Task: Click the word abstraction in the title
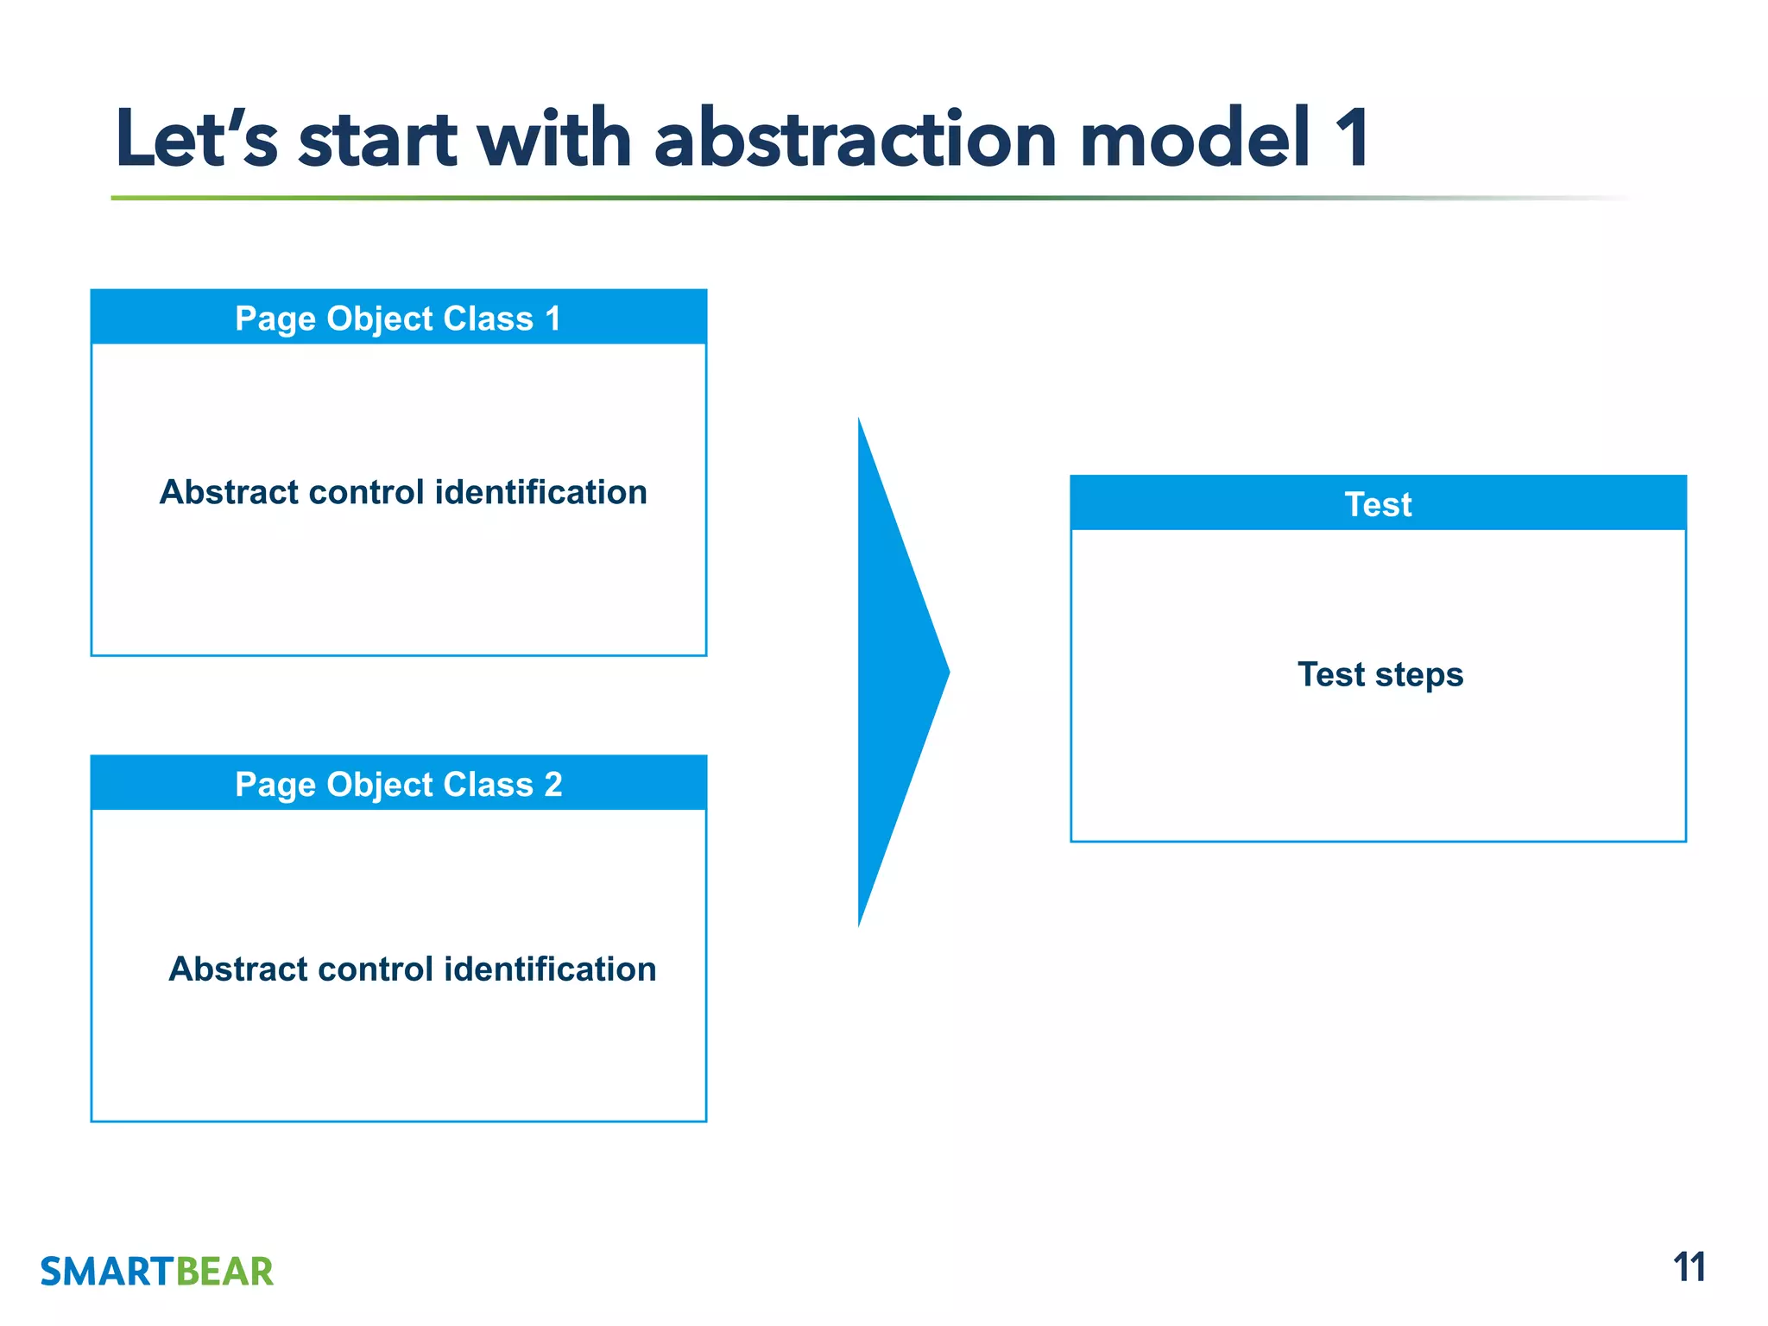[855, 140]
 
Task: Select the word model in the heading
[1196, 140]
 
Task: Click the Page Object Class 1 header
[398, 319]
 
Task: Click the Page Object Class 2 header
[398, 785]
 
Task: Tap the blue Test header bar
[1378, 504]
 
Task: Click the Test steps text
[1380, 674]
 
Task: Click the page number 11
[1689, 1268]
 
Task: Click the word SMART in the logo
[108, 1272]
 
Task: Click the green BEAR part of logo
[224, 1272]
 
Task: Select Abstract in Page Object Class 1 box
[228, 492]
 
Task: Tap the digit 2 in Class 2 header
[552, 785]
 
